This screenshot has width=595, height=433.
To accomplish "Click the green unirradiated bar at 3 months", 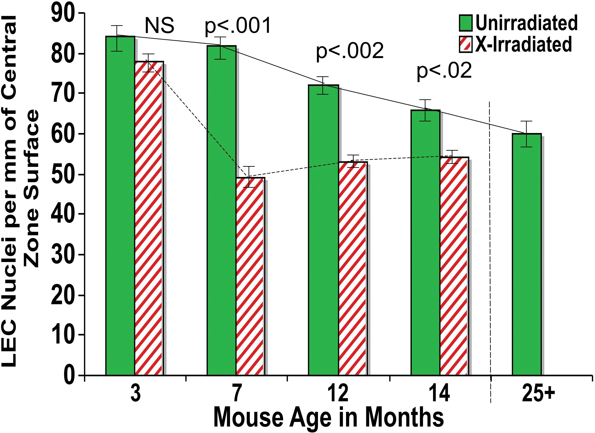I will pyautogui.click(x=120, y=205).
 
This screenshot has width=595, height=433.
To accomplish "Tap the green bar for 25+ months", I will pyautogui.click(x=527, y=254).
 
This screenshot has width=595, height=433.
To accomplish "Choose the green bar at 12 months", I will pyautogui.click(x=323, y=228).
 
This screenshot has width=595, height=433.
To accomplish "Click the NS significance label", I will pyautogui.click(x=159, y=26).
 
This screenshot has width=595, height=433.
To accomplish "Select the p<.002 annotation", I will pyautogui.click(x=350, y=51).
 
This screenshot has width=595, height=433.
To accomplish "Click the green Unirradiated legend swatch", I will pyautogui.click(x=466, y=23).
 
